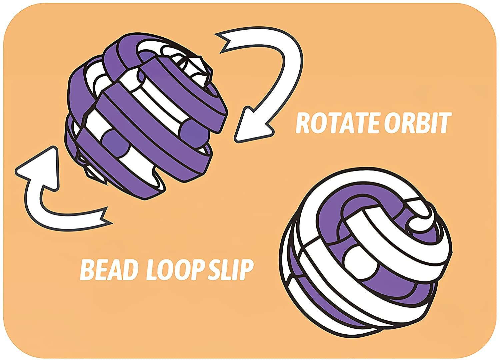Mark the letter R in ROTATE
[x=303, y=123]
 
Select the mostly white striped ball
[x=362, y=255]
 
